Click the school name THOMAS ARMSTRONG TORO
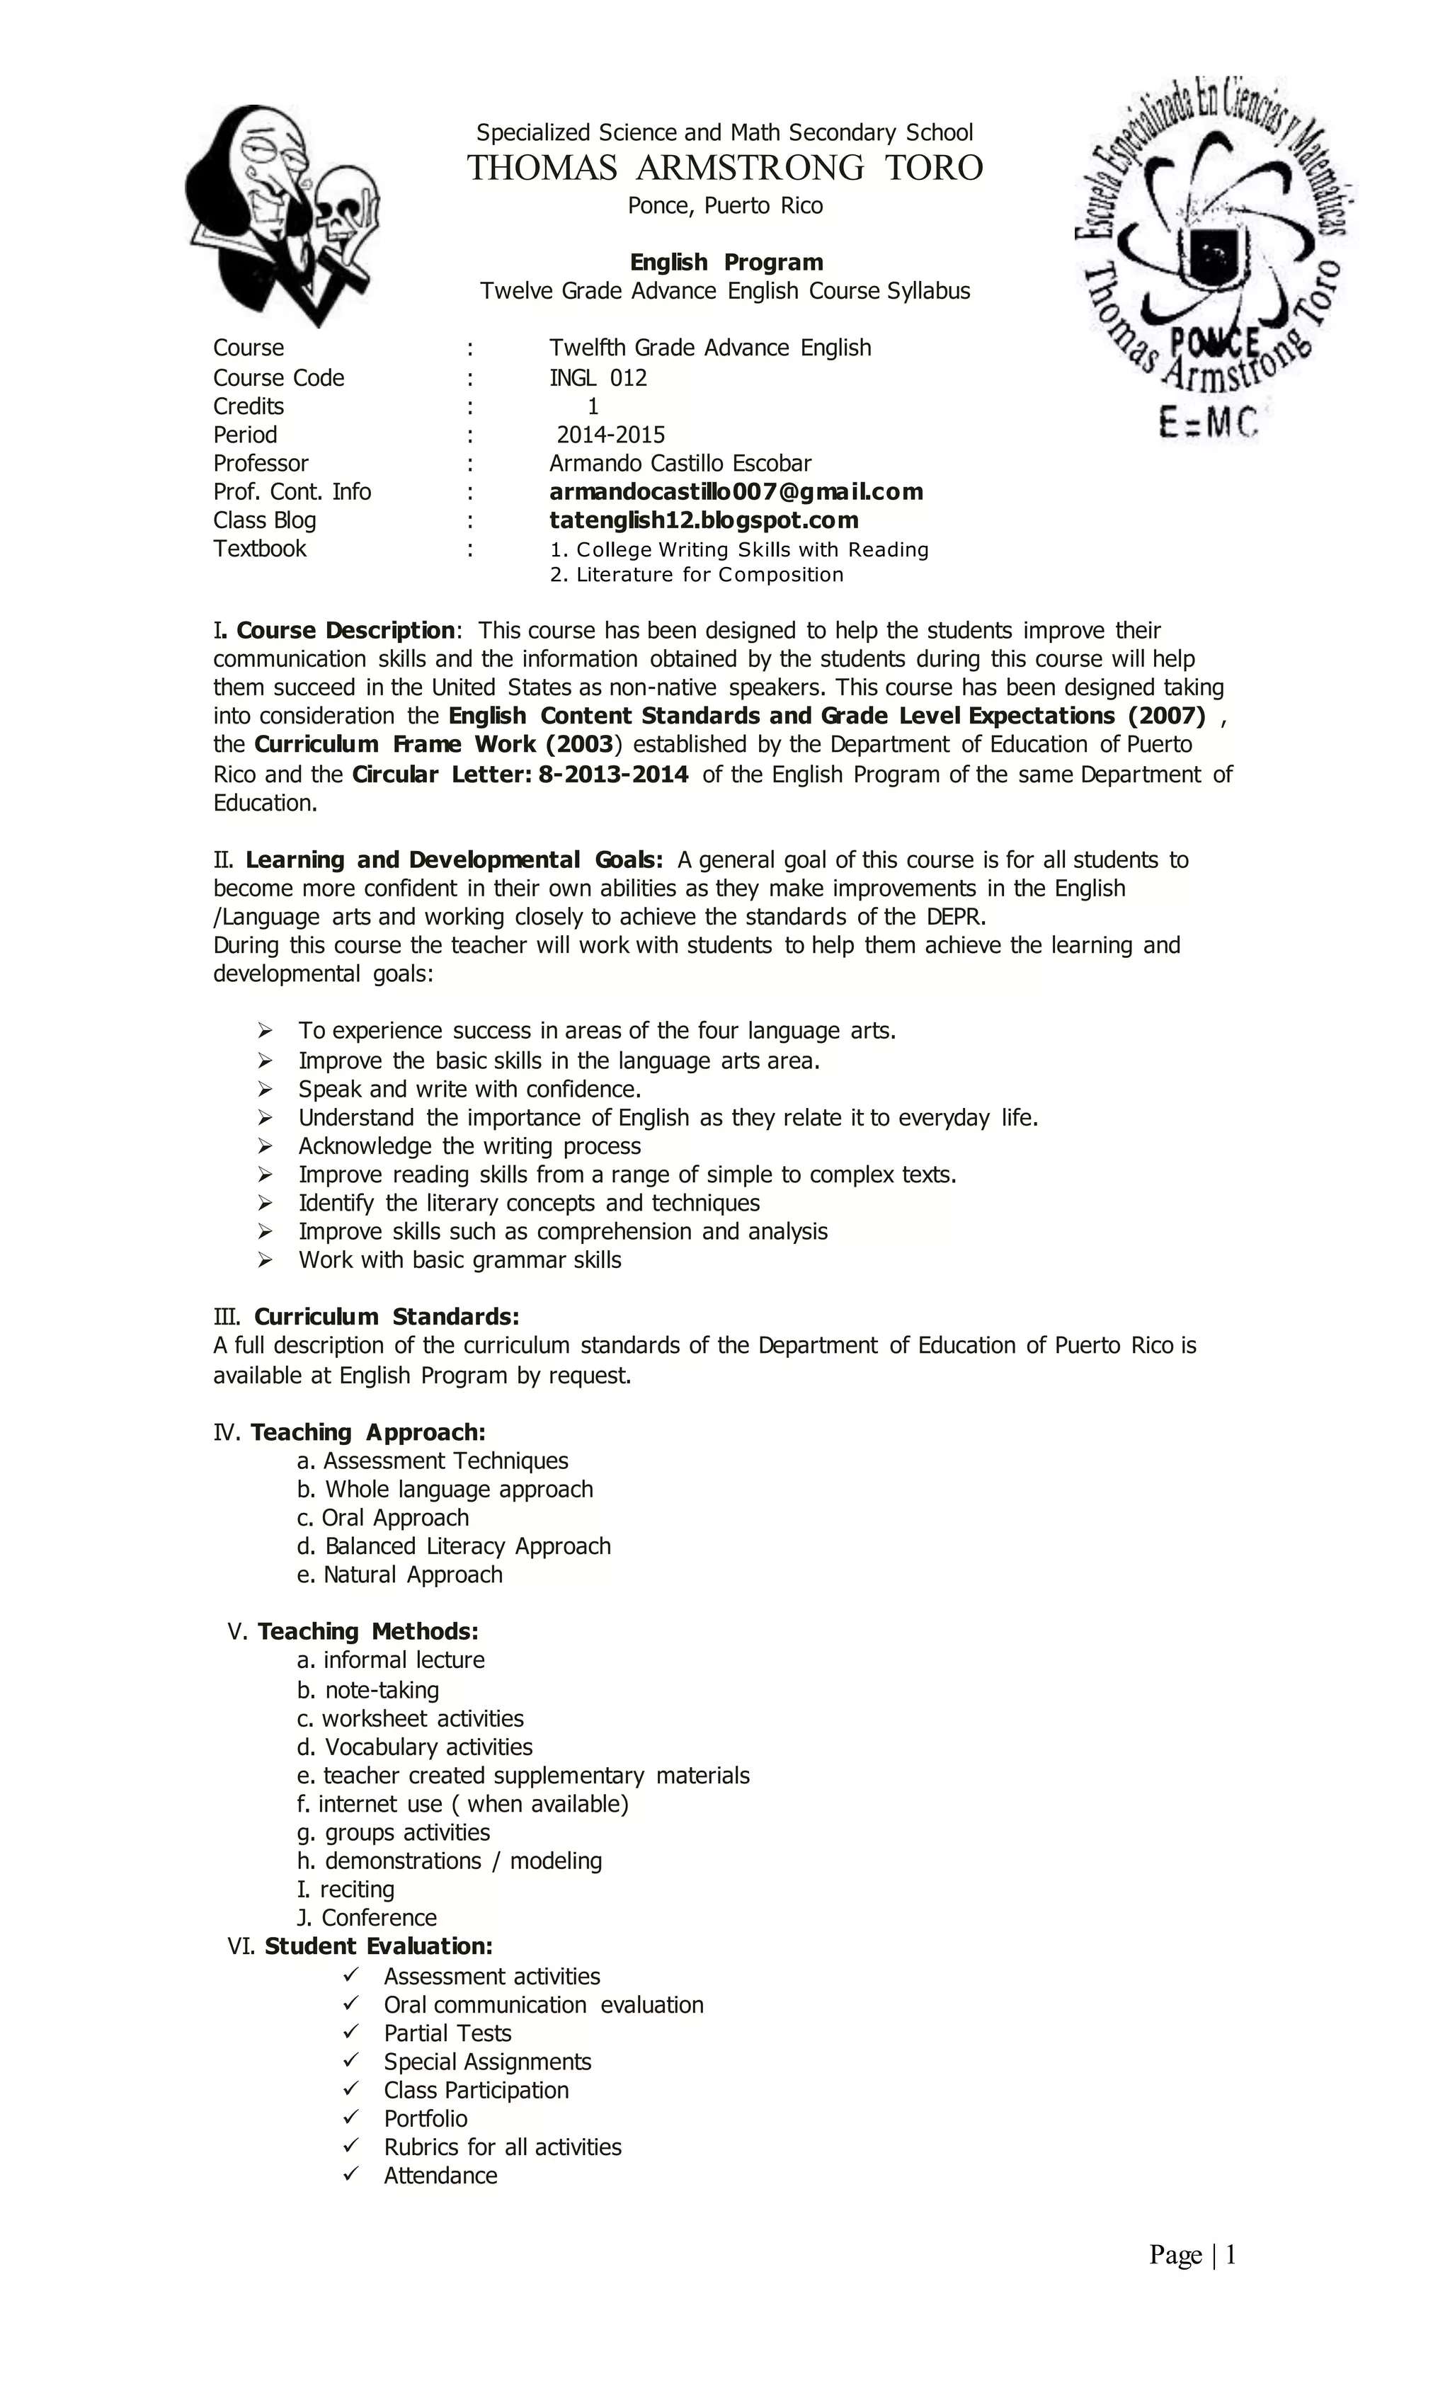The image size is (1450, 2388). (725, 168)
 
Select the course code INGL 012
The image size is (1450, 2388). (598, 378)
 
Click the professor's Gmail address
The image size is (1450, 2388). (736, 492)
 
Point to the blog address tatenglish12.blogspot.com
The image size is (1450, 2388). (704, 520)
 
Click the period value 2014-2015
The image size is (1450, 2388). (610, 435)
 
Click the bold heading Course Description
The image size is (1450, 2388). (344, 631)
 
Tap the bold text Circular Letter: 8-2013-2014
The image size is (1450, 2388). (520, 775)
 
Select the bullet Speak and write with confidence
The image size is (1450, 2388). (469, 1090)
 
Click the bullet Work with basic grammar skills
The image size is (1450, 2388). (459, 1261)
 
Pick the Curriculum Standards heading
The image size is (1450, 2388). (386, 1317)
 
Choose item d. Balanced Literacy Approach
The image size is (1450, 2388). (454, 1547)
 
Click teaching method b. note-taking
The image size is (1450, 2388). (367, 1690)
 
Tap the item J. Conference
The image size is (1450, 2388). (366, 1918)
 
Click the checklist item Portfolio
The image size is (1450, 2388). (426, 2118)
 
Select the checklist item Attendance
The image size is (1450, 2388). (440, 2176)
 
